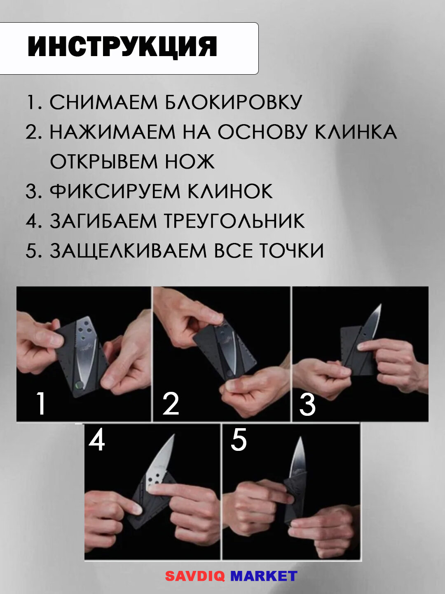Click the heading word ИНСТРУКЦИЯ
coord(122,46)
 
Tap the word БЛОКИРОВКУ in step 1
coord(233,102)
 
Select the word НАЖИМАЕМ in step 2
coord(112,132)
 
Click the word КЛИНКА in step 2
coord(356,132)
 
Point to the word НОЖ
coord(190,162)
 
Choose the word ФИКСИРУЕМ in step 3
coord(115,191)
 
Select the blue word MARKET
coord(264,576)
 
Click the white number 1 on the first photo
coord(40,403)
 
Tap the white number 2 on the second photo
coord(171,403)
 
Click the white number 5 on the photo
coord(239,440)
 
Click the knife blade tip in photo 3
coord(380,306)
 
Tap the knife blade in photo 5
coord(299,458)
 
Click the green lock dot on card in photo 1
coord(78,385)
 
